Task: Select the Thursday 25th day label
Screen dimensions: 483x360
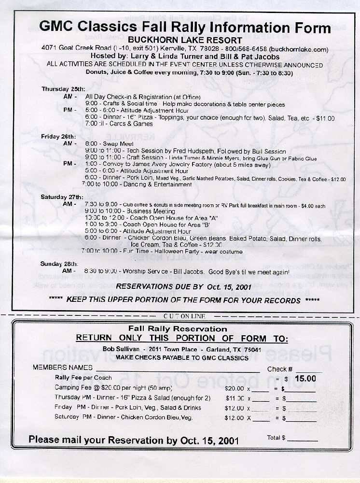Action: click(63, 89)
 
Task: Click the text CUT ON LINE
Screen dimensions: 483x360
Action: click(185, 316)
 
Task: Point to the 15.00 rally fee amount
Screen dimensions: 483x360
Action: click(305, 379)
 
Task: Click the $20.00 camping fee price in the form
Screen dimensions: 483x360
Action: click(235, 388)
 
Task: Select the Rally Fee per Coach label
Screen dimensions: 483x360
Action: click(83, 378)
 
